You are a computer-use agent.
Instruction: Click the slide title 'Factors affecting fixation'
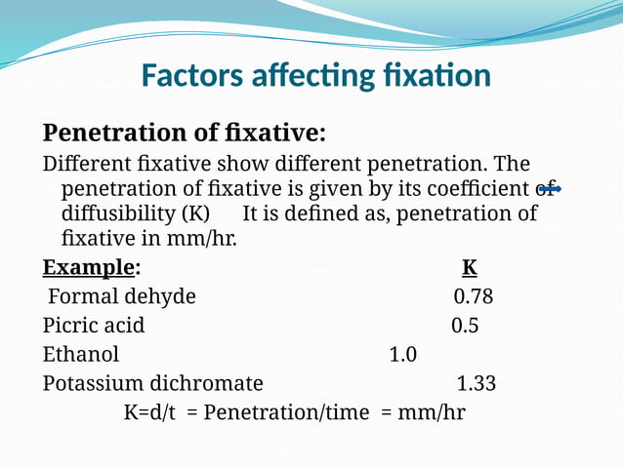[315, 75]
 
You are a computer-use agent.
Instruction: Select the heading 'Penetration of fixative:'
[184, 132]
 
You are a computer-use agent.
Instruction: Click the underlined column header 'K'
[469, 267]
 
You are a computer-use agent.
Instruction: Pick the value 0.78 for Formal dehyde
[474, 296]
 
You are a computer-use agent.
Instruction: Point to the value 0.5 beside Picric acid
[465, 326]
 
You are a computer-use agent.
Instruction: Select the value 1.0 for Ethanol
[402, 354]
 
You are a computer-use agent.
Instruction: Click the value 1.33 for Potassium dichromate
[476, 383]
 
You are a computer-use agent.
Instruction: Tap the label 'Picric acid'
[94, 326]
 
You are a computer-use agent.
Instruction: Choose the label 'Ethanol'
[81, 354]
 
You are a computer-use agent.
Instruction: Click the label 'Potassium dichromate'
[152, 383]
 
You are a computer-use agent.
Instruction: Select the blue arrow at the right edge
[552, 188]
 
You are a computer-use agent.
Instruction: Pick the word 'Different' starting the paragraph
[83, 163]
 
